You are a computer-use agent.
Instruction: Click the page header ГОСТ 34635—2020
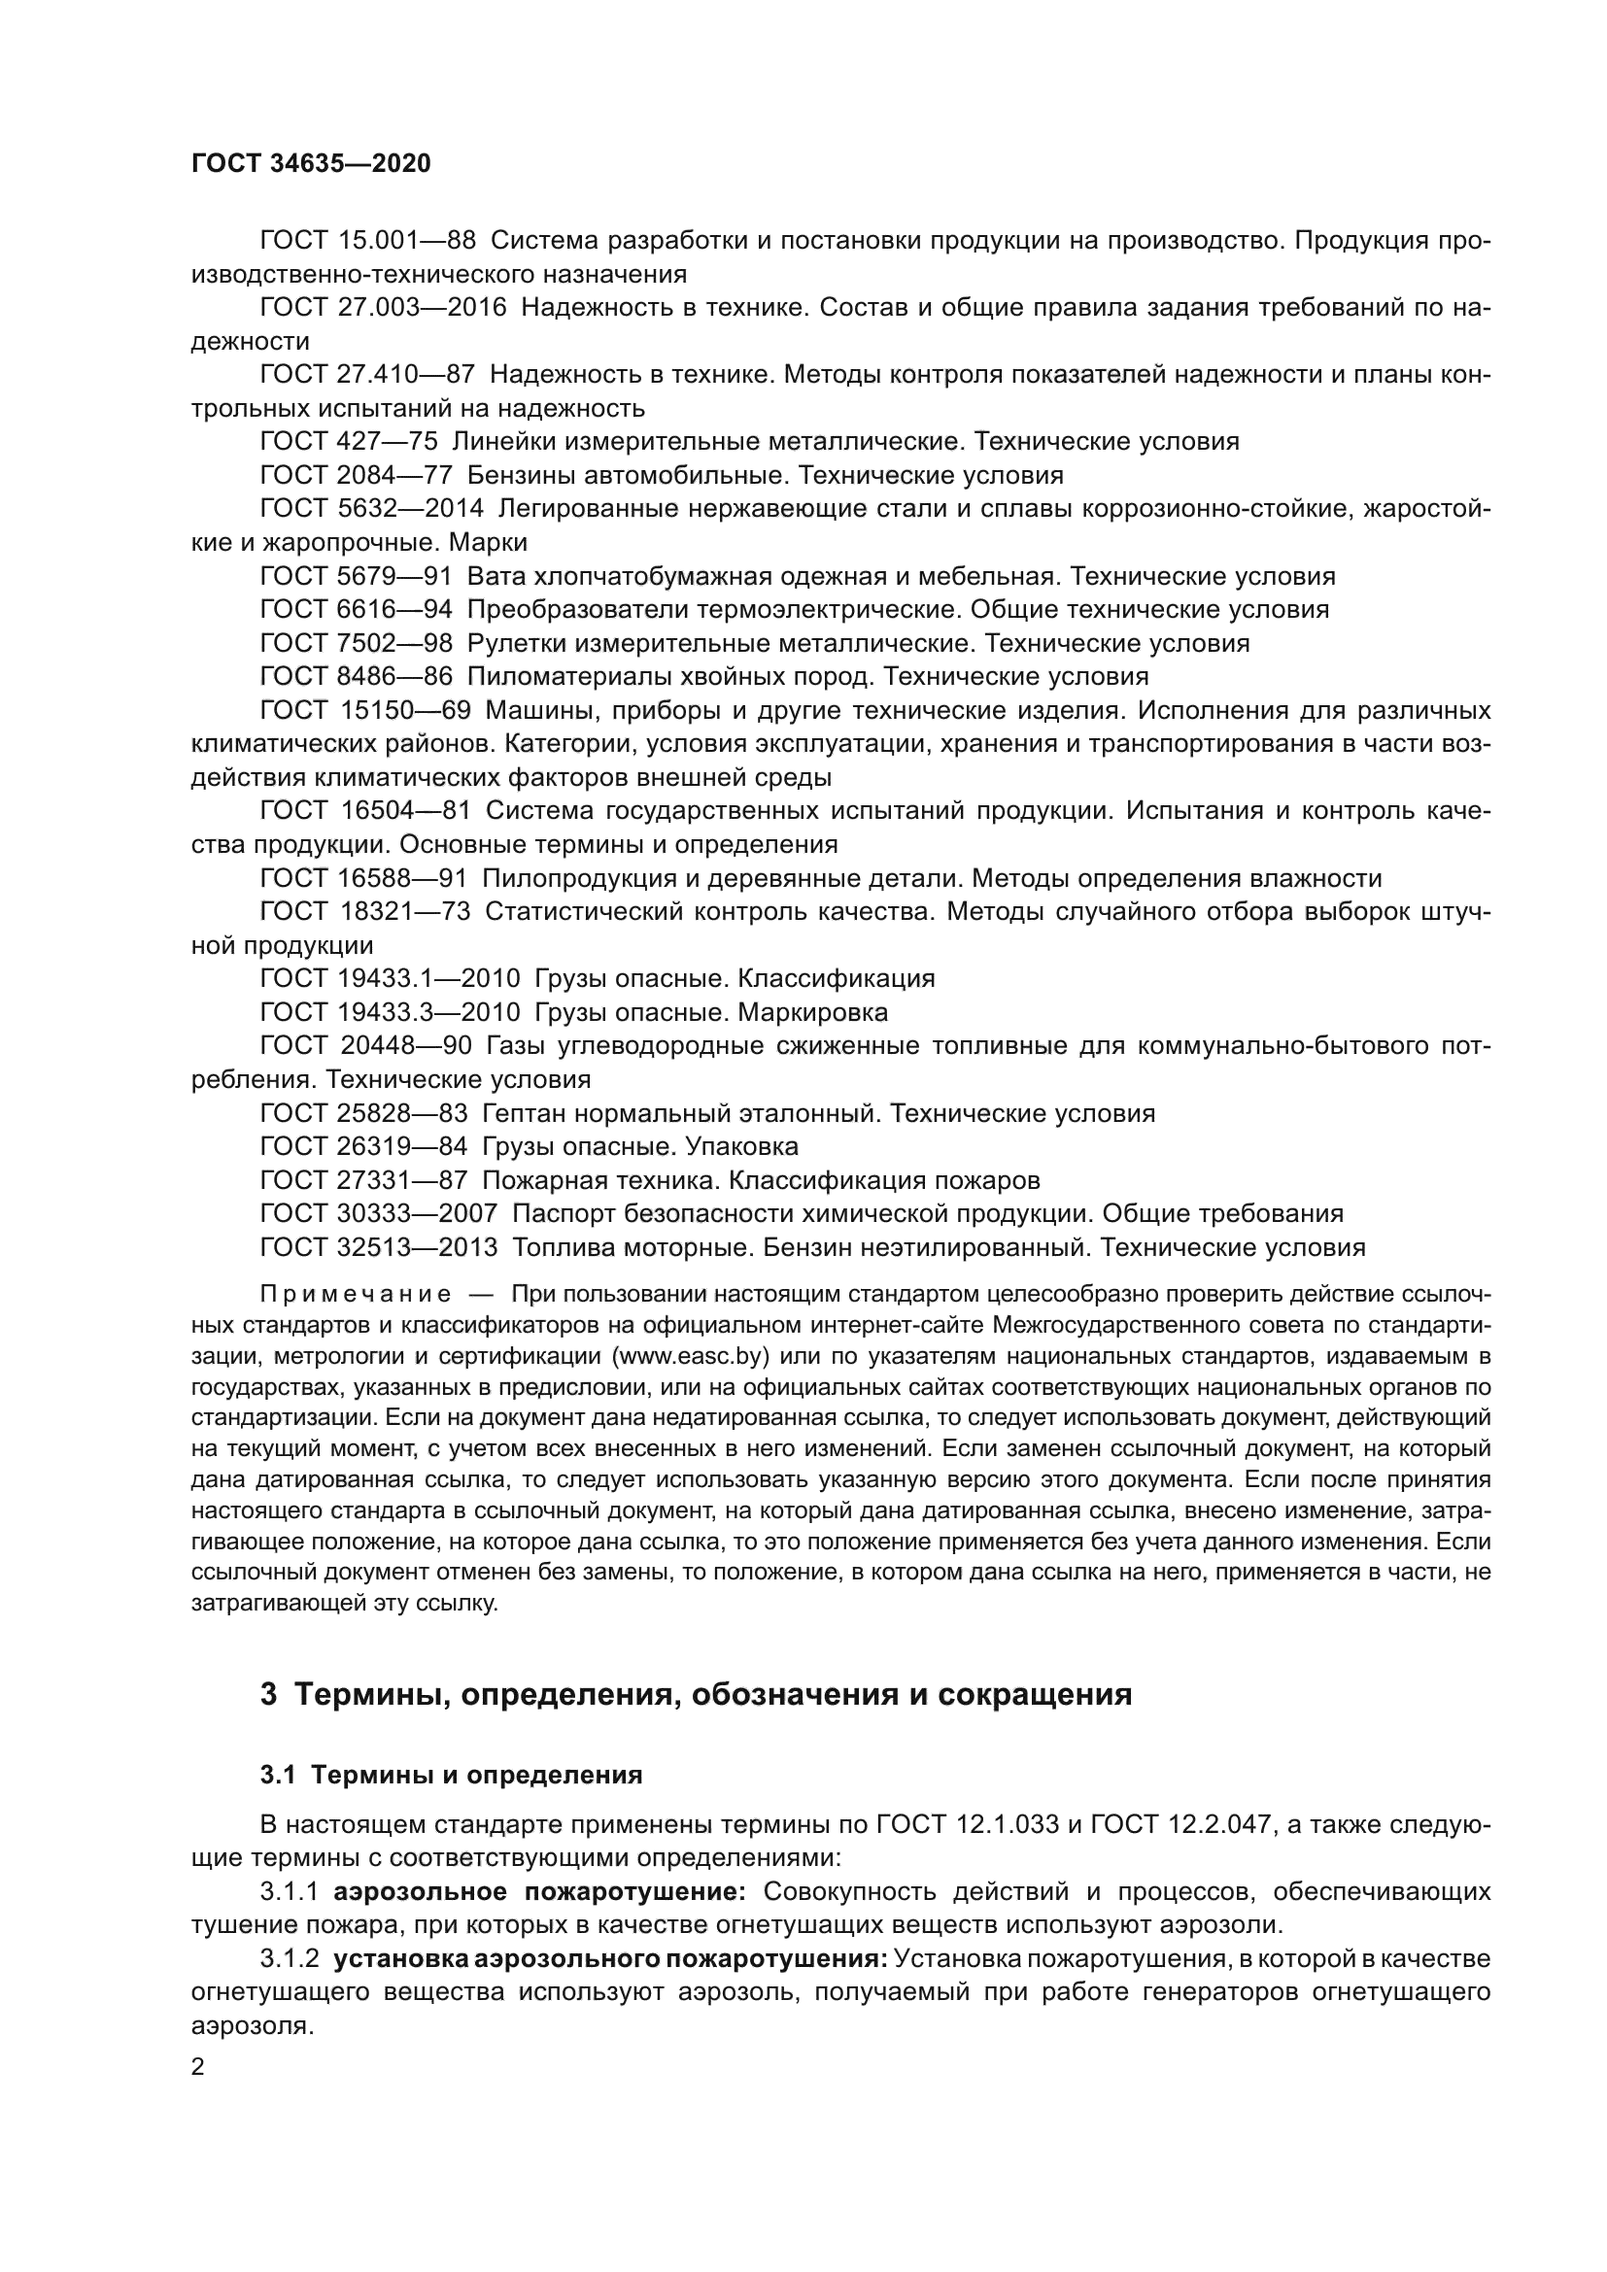tap(311, 163)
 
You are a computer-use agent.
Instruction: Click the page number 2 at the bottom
tap(198, 2067)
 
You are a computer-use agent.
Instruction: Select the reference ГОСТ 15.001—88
tap(367, 241)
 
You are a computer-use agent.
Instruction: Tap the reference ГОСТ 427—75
tap(349, 441)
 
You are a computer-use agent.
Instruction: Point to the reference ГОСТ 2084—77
tap(357, 475)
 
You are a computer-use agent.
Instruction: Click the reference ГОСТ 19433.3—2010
tap(390, 1012)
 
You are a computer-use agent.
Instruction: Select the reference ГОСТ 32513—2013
tap(379, 1247)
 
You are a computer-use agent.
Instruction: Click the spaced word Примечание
tap(356, 1294)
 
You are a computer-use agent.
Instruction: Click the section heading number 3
tap(268, 1695)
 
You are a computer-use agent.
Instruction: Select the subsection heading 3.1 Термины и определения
tap(451, 1776)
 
